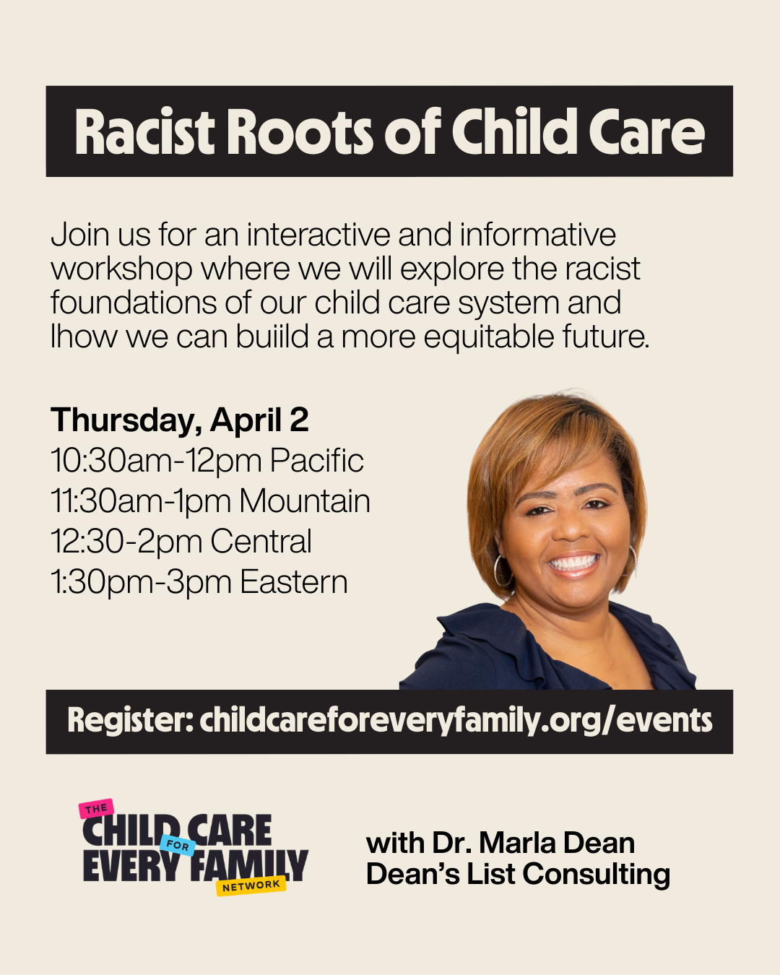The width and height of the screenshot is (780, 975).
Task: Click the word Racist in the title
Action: click(x=144, y=132)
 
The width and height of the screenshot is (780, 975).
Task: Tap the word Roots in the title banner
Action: click(x=300, y=132)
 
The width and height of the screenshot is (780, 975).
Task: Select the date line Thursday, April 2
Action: click(x=180, y=421)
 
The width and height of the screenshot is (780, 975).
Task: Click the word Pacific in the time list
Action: click(x=317, y=461)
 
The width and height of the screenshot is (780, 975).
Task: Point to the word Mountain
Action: click(x=305, y=501)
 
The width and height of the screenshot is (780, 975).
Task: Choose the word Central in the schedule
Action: click(x=261, y=541)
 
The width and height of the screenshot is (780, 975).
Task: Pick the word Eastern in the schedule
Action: click(x=294, y=581)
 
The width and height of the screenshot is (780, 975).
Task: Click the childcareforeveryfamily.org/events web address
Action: click(x=456, y=721)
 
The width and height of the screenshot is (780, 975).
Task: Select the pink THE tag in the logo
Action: click(x=96, y=809)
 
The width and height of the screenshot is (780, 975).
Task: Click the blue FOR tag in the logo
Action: click(x=178, y=846)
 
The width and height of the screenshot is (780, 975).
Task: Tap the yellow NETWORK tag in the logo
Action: click(x=251, y=885)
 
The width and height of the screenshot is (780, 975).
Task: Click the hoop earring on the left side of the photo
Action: click(x=502, y=571)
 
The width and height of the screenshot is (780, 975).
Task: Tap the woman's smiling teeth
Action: click(x=573, y=563)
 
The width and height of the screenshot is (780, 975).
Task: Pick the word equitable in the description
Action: click(x=488, y=338)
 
